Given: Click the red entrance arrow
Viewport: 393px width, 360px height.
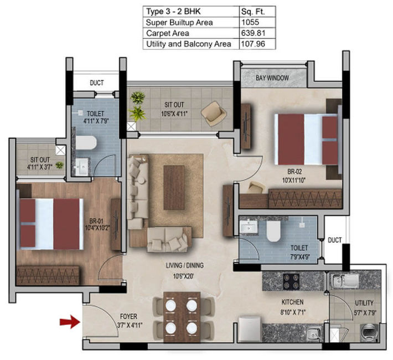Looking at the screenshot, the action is tap(70, 322).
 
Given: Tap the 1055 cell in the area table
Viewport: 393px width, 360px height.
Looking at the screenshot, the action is tap(250, 22).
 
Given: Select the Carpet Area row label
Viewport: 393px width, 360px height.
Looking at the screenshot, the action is tap(167, 33).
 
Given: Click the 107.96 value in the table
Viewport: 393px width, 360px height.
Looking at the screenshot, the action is tap(253, 44).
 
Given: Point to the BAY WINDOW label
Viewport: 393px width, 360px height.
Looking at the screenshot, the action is tap(272, 78).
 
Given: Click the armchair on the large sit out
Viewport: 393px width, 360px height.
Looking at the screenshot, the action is tap(214, 113).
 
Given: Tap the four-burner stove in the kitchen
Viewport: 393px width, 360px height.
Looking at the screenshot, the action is tap(291, 281).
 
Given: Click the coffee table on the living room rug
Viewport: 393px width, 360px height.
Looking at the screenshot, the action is tap(174, 187).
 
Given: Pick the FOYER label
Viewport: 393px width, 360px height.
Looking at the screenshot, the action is tap(128, 316).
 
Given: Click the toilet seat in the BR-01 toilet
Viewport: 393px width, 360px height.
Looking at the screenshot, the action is tap(86, 143).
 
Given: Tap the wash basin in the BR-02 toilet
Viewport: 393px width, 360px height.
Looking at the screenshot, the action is tap(249, 228).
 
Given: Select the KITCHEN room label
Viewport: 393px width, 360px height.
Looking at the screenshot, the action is tap(292, 302).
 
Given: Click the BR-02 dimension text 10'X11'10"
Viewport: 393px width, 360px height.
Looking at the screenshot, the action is tap(294, 180).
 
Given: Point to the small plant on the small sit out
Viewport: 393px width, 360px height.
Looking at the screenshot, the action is tap(59, 165).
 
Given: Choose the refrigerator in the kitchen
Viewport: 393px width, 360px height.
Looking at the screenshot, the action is tap(250, 329).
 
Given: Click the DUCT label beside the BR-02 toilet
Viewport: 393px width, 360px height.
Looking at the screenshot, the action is tap(334, 240).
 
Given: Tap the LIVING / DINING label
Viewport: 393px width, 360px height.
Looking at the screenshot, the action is tap(185, 265).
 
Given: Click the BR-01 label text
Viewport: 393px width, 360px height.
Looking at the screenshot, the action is tap(96, 221).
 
